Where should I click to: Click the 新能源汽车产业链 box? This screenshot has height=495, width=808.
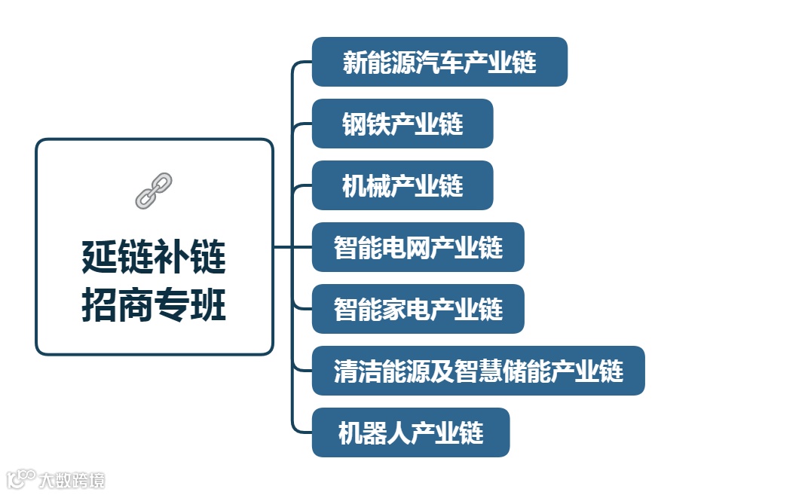439,62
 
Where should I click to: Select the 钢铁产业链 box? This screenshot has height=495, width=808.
402,124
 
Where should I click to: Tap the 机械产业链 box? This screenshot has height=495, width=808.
402,185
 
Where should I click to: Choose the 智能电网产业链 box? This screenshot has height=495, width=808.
418,247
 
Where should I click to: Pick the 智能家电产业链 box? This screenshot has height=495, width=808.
418,309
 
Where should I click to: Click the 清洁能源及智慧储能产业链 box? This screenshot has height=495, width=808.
478,371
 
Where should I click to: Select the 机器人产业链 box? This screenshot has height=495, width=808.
411,432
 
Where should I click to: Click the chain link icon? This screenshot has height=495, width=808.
154,190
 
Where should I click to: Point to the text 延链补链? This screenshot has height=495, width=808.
154,258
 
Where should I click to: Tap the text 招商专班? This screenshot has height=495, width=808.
154,307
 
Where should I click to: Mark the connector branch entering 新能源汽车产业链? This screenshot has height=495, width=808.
301,63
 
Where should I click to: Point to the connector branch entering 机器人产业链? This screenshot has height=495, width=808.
301,432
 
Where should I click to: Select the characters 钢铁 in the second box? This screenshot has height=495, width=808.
365,124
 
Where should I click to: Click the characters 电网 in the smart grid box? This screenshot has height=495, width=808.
418,247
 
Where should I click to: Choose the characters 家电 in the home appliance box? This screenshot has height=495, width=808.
418,309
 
